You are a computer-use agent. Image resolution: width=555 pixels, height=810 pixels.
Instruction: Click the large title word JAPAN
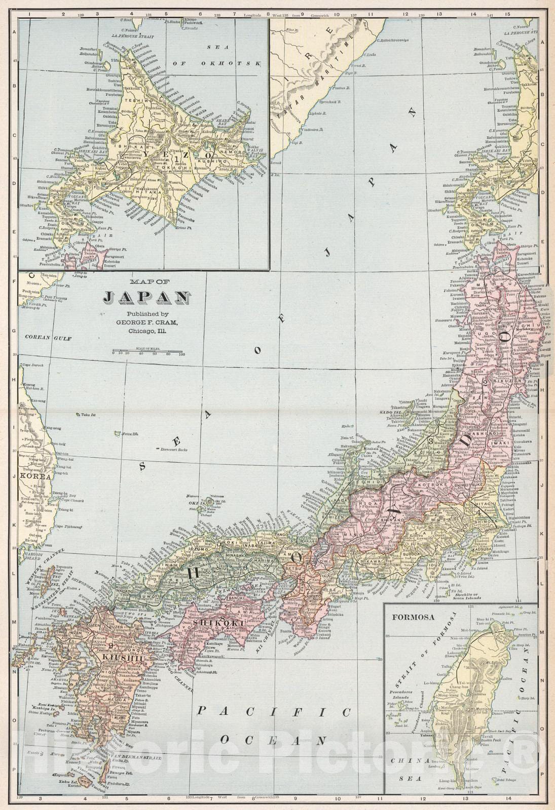pyautogui.click(x=146, y=298)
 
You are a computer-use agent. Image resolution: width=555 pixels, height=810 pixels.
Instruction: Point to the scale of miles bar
pyautogui.click(x=147, y=351)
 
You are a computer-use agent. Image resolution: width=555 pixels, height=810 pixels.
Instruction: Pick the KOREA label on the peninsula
pyautogui.click(x=35, y=476)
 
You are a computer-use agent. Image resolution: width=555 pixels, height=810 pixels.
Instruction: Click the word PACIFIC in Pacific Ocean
pyautogui.click(x=273, y=712)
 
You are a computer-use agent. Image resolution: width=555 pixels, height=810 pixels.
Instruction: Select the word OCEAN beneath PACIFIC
pyautogui.click(x=273, y=740)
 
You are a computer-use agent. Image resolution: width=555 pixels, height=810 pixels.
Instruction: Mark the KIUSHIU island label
pyautogui.click(x=121, y=657)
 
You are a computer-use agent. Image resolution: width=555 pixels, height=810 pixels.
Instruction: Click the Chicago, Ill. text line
pyautogui.click(x=147, y=331)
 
